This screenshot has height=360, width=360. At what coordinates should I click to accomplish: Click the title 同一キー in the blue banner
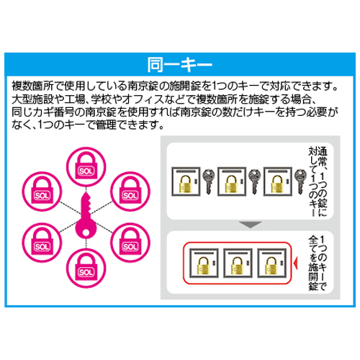point(179,64)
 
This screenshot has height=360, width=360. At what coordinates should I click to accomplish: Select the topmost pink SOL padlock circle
point(86,167)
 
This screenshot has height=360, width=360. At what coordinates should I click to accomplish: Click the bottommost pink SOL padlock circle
point(86,269)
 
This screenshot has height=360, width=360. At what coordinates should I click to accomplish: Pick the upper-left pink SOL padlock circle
point(42,192)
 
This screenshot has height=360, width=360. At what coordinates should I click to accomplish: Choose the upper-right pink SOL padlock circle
point(130,192)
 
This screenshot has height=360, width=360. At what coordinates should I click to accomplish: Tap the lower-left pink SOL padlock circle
point(42,243)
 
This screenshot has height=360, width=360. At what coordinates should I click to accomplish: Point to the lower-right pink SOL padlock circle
point(130,243)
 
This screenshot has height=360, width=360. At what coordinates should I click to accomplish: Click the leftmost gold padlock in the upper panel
point(185,184)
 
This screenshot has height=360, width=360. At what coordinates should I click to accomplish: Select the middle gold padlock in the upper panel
point(231,184)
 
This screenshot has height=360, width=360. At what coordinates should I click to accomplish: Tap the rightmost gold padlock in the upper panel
point(277,184)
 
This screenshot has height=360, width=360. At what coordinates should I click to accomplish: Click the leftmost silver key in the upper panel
point(209,181)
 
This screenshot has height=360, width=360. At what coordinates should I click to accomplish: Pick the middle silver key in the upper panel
point(254,181)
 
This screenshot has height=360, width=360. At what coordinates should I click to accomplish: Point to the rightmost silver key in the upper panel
point(300,181)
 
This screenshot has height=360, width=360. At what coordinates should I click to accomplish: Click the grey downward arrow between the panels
point(251,225)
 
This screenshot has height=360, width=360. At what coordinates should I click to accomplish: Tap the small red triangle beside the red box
point(296,263)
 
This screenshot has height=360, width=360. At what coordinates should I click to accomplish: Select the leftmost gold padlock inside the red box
point(204,266)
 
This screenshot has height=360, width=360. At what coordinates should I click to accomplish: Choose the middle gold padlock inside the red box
point(238,266)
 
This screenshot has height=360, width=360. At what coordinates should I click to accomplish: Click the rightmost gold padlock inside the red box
point(271,266)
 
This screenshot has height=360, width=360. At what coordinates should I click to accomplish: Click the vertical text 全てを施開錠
point(313,264)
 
